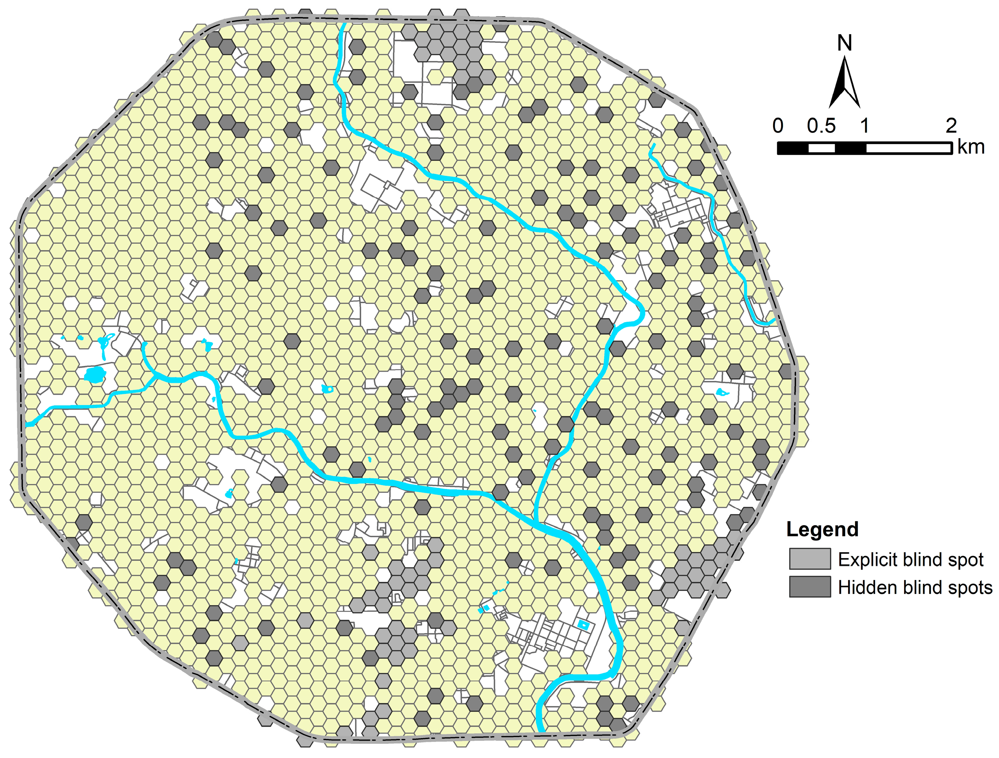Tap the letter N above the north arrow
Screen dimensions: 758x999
(x=845, y=43)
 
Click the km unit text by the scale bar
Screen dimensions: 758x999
(x=971, y=147)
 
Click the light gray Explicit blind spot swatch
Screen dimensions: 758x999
(x=810, y=559)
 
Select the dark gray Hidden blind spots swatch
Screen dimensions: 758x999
(x=810, y=587)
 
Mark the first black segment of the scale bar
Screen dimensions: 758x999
(x=792, y=148)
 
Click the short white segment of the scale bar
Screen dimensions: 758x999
(x=821, y=148)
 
